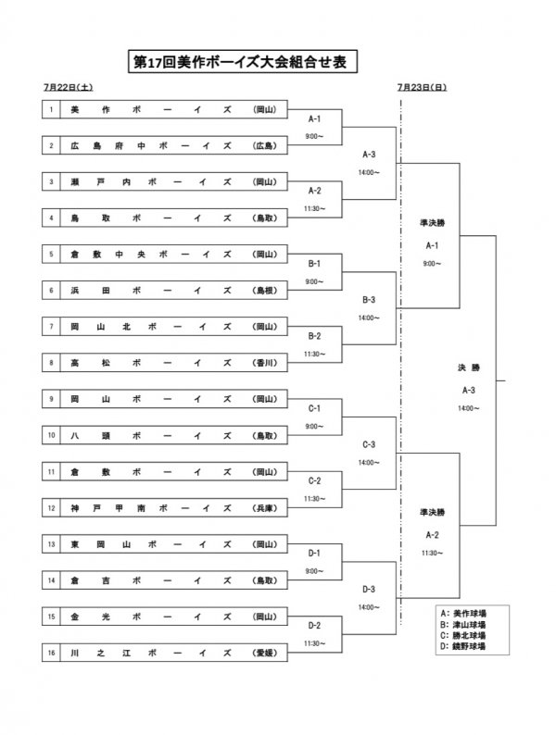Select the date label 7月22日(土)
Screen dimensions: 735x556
pyautogui.click(x=67, y=88)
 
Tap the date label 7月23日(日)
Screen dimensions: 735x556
pyautogui.click(x=422, y=88)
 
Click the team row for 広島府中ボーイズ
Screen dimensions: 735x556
pyautogui.click(x=172, y=145)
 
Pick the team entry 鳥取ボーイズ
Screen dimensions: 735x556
pyautogui.click(x=172, y=218)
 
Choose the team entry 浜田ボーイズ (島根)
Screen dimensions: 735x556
pyautogui.click(x=172, y=291)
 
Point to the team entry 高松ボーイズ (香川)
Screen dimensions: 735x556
pyautogui.click(x=172, y=364)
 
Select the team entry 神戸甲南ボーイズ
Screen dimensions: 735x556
pyautogui.click(x=172, y=508)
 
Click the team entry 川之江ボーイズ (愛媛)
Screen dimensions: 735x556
pyautogui.click(x=172, y=653)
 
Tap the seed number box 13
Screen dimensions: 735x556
pyautogui.click(x=53, y=544)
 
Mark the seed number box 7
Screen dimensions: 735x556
pyautogui.click(x=53, y=327)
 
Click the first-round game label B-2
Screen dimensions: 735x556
pyautogui.click(x=313, y=336)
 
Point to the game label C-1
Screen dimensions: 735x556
pyautogui.click(x=313, y=408)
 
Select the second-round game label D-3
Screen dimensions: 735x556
pyautogui.click(x=369, y=589)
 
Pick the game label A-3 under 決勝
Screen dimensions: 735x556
pyautogui.click(x=468, y=390)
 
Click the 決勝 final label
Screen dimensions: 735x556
pyautogui.click(x=468, y=367)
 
